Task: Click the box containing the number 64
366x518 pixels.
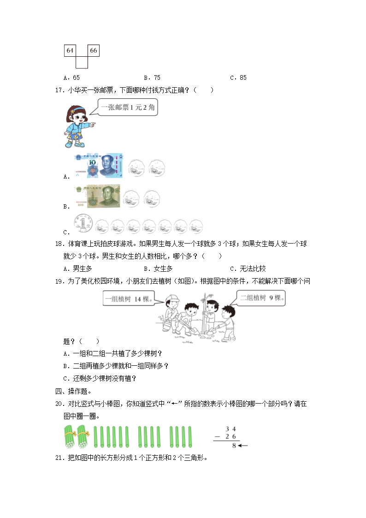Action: [x=70, y=50]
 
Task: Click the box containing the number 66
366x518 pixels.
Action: [x=94, y=50]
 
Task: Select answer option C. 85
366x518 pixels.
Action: [x=238, y=77]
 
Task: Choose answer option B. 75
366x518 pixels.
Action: [x=152, y=77]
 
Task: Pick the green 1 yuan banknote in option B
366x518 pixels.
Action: [x=97, y=196]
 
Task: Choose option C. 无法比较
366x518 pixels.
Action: [x=248, y=268]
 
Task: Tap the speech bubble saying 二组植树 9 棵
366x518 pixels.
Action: [x=261, y=298]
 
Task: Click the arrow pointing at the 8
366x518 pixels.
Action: [x=244, y=446]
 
